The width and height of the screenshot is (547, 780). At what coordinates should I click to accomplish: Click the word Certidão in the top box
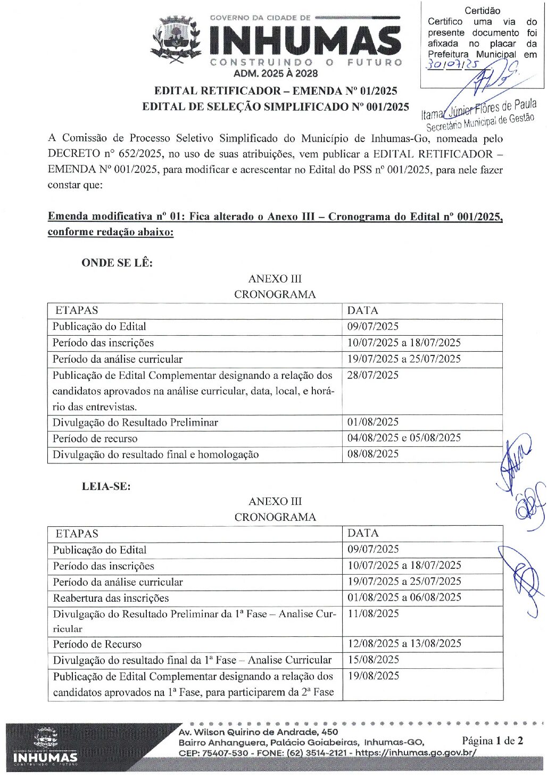(x=482, y=11)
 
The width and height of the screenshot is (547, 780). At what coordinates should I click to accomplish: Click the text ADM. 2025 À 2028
(x=276, y=74)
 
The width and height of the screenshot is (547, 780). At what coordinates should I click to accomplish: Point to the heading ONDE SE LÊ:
(x=117, y=263)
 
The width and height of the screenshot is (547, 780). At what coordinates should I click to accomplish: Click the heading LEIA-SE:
(x=106, y=486)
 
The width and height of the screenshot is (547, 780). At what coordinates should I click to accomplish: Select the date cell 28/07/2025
(x=373, y=375)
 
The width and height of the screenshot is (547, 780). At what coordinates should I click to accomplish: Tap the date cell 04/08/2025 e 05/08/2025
(x=404, y=438)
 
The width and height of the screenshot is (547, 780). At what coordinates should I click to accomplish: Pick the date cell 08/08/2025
(x=373, y=454)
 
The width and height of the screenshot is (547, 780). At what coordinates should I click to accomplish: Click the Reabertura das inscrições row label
(x=111, y=598)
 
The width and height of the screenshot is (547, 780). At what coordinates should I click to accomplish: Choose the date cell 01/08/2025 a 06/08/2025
(x=404, y=598)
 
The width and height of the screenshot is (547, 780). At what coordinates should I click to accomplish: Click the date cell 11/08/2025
(x=374, y=613)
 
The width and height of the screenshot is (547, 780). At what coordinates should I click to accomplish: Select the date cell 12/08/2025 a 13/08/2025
(x=404, y=644)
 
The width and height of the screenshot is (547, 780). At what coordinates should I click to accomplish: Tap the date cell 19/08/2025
(x=374, y=676)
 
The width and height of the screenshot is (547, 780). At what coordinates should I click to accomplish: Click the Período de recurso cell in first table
(x=95, y=439)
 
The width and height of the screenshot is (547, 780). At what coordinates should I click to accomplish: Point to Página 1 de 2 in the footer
(x=492, y=741)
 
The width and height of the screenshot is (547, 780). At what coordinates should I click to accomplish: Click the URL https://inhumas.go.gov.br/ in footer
(x=416, y=752)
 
